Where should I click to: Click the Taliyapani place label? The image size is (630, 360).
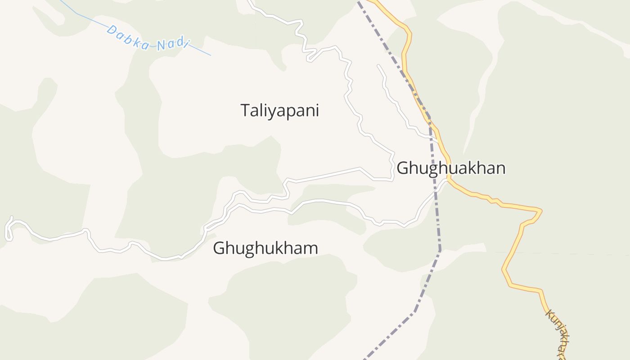point(279,110)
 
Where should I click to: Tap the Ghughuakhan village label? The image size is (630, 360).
point(451,168)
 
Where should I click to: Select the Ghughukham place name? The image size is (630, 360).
point(265,248)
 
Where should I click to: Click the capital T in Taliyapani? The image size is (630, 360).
point(245,110)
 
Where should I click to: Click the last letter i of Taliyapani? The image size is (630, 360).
point(317,110)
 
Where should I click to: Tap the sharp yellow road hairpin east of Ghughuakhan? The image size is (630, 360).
point(540,210)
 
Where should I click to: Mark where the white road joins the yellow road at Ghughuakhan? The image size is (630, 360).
point(448,179)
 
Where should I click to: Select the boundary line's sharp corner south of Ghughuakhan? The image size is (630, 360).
point(440,249)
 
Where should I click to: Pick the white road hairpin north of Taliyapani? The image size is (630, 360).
point(310,58)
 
